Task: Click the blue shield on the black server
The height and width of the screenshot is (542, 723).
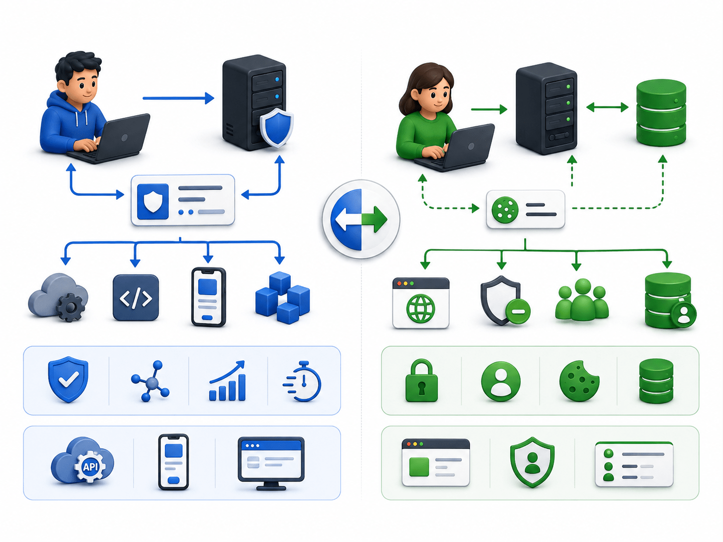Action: click(x=276, y=127)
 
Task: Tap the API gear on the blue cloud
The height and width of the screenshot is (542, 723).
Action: click(x=90, y=467)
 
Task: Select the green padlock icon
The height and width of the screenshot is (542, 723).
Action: click(x=421, y=380)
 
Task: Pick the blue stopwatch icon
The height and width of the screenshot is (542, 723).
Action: click(x=302, y=382)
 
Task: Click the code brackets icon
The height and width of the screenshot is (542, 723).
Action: click(x=136, y=297)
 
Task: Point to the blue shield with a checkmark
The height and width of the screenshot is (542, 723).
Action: click(x=68, y=379)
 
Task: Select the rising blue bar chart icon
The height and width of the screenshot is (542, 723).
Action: click(x=227, y=381)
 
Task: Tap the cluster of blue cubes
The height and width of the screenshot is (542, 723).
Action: click(x=283, y=297)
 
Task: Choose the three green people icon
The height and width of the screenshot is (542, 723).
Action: click(x=582, y=300)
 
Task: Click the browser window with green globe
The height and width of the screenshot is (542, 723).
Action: click(x=420, y=303)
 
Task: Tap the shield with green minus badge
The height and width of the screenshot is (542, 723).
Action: click(x=505, y=300)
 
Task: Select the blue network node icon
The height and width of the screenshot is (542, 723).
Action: click(x=150, y=381)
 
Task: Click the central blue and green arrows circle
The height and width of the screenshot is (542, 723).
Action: click(x=361, y=219)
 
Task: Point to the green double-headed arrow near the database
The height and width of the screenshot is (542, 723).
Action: click(x=607, y=107)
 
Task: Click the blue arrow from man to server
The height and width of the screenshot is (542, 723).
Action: click(x=178, y=98)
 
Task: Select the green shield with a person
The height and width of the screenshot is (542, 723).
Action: click(x=532, y=462)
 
